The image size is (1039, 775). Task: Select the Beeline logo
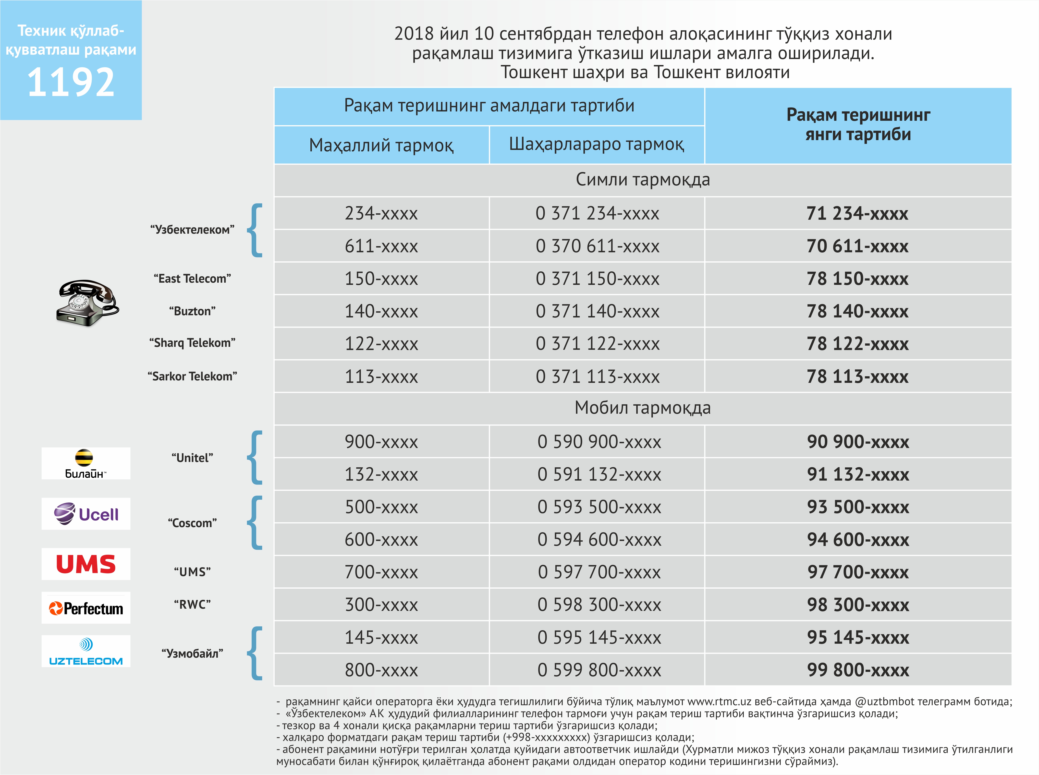(86, 463)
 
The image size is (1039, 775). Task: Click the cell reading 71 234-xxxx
(857, 213)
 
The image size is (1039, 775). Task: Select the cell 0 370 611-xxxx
(597, 246)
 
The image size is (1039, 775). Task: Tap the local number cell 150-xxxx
(381, 279)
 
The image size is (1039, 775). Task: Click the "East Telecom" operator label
(192, 279)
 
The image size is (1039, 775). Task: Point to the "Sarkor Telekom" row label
(192, 376)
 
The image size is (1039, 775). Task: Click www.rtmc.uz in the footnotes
(719, 702)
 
